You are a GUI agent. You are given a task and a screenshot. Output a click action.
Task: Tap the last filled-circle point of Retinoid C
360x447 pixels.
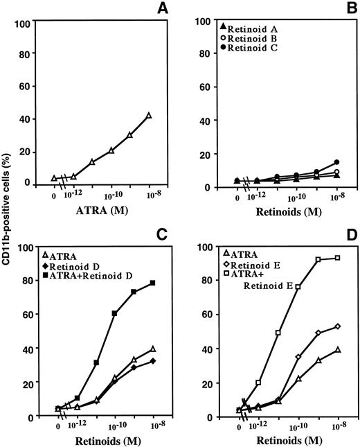tap(337, 162)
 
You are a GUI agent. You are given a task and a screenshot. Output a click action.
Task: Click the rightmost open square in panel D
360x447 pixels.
tap(337, 258)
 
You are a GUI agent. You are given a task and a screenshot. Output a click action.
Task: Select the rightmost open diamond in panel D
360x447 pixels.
tap(337, 326)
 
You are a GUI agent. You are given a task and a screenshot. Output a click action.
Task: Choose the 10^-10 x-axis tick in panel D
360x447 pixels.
tap(298, 426)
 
